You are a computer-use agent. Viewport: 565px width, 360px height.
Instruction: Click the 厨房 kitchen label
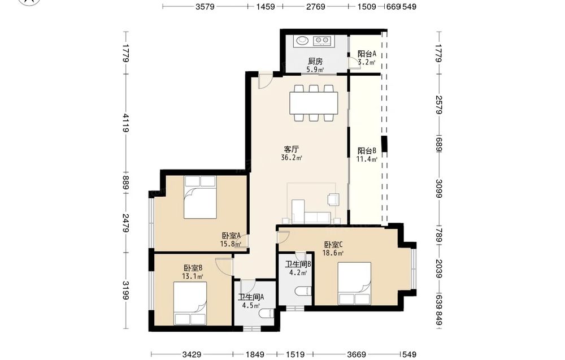point(315,61)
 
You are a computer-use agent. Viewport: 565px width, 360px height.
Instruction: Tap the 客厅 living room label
point(291,149)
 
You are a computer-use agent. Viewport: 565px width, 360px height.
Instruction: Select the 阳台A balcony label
point(367,54)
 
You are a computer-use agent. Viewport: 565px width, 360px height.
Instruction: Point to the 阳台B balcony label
point(367,151)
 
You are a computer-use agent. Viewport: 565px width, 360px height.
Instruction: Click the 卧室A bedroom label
point(231,236)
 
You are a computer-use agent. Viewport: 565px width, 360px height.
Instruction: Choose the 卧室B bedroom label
point(193,268)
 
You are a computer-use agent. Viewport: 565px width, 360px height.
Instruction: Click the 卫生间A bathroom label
point(251,297)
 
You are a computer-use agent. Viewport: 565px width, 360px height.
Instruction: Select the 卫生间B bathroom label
point(298,264)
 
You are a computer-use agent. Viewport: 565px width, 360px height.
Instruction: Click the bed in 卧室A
point(201,197)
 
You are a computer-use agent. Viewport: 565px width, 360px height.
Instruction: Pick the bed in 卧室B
point(190,303)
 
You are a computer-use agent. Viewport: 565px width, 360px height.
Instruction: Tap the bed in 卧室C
point(354,284)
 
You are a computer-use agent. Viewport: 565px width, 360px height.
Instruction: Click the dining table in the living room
point(314,103)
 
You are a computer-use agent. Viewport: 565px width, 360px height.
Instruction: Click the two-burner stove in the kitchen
point(322,40)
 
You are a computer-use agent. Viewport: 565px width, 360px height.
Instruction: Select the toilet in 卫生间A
point(267,314)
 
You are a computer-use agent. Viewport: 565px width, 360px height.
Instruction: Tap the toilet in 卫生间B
point(303,291)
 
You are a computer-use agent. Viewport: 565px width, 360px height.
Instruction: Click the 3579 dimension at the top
point(205,6)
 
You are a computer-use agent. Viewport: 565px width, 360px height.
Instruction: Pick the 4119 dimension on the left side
point(126,123)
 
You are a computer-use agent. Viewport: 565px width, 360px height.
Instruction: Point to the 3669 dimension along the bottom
point(357,354)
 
